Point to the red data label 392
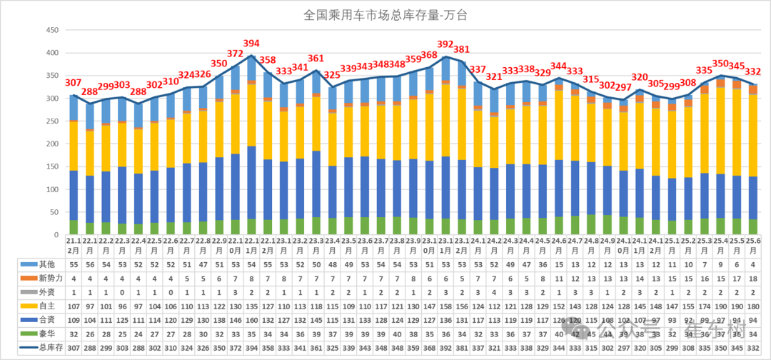[x=445, y=44]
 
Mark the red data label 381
[x=462, y=49]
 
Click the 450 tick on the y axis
[x=51, y=30]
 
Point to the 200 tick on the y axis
[x=51, y=144]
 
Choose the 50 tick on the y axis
[x=54, y=212]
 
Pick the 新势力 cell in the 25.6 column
[x=752, y=278]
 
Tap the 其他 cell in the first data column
[x=74, y=264]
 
